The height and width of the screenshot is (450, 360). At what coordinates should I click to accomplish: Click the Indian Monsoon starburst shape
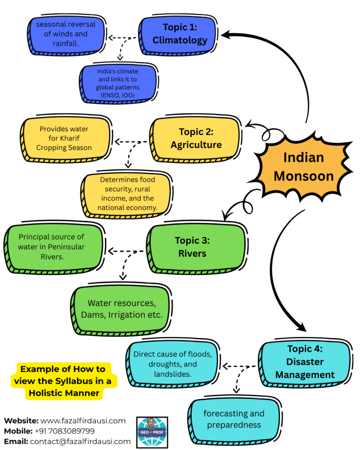303,167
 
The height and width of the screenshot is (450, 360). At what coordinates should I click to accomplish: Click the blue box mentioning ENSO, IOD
118,83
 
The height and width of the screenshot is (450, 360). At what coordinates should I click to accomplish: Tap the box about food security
127,193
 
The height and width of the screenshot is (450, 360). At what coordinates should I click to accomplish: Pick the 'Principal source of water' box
51,247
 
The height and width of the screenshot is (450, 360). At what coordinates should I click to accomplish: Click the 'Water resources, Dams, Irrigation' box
122,308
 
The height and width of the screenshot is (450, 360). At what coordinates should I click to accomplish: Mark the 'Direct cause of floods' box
172,364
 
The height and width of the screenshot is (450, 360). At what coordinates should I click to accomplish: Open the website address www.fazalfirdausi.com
83,421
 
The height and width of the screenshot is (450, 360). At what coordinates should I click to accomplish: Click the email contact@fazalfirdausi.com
80,441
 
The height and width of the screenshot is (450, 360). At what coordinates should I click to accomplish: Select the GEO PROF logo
152,432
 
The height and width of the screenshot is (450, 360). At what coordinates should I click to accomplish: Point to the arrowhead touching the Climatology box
225,34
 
